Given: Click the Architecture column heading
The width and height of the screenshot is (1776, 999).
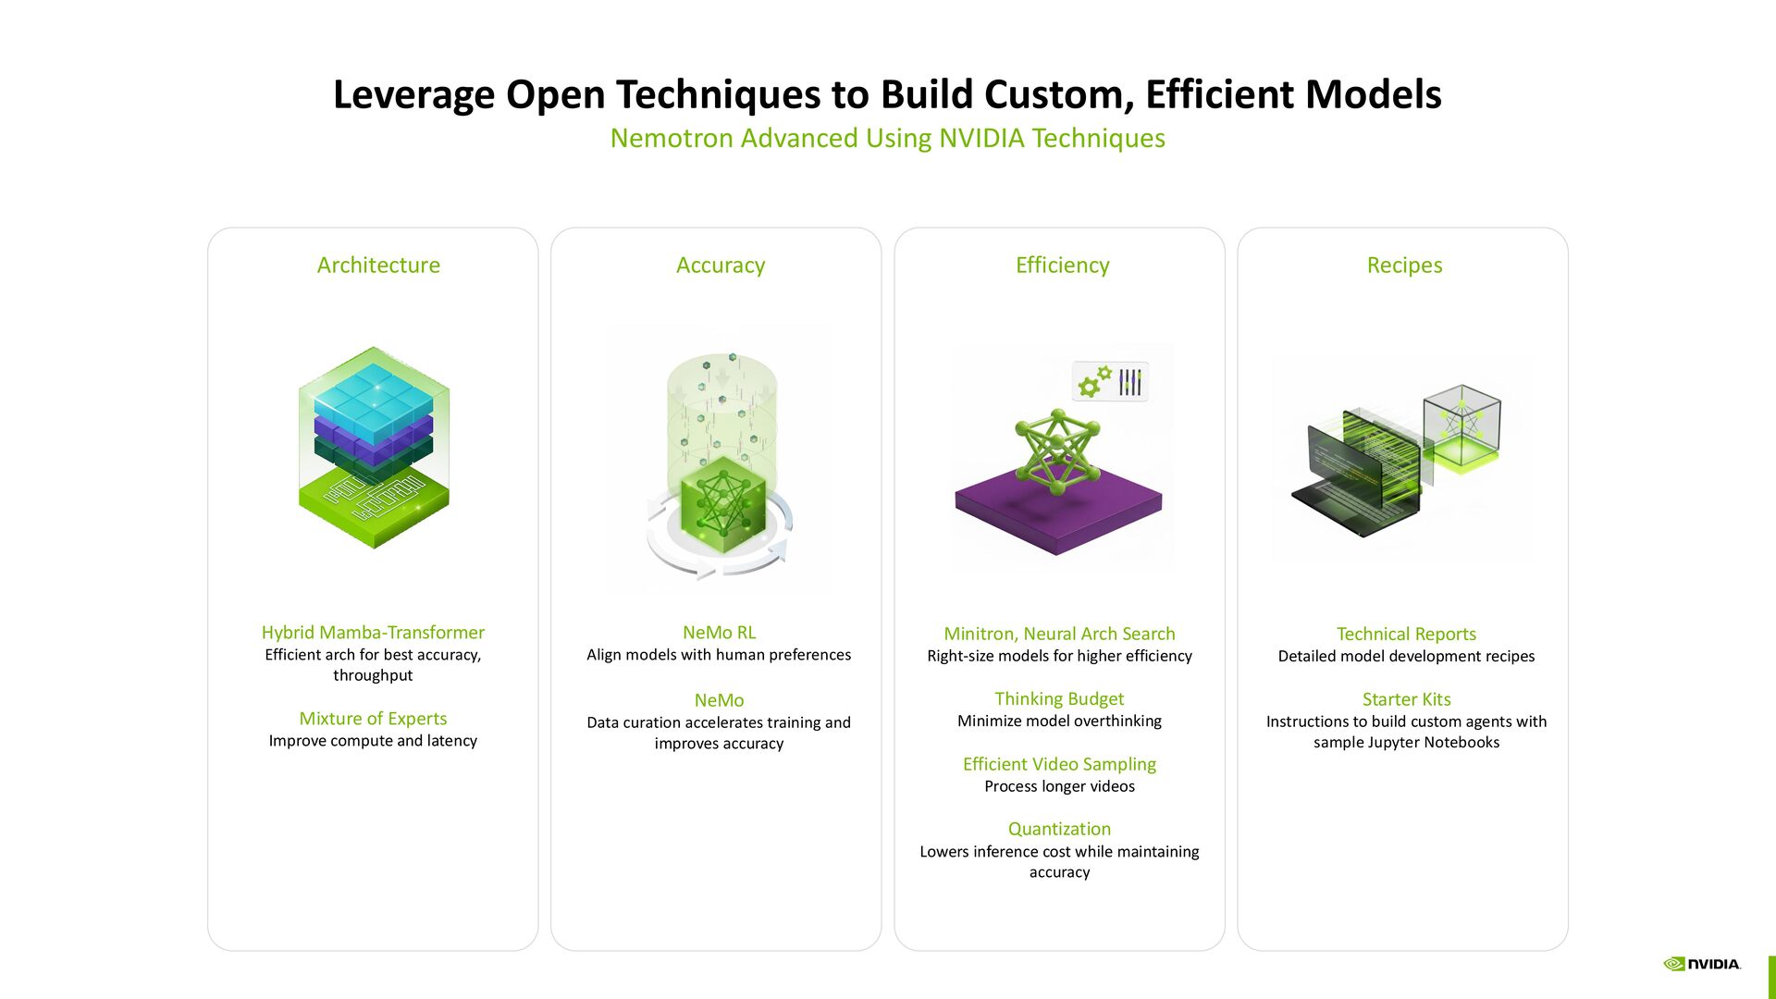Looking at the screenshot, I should pyautogui.click(x=378, y=265).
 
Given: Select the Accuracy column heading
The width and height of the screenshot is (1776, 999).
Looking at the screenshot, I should pyautogui.click(x=721, y=265).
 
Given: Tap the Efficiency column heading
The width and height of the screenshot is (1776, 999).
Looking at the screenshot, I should pyautogui.click(x=1062, y=265).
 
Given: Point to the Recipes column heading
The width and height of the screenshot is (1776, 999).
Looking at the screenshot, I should pyautogui.click(x=1404, y=265).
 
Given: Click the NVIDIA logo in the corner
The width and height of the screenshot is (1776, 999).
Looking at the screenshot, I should pyautogui.click(x=1702, y=964).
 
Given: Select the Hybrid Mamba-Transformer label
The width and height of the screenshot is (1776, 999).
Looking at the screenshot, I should pyautogui.click(x=373, y=633).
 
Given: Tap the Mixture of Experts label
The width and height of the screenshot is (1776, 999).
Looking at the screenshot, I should pyautogui.click(x=373, y=719).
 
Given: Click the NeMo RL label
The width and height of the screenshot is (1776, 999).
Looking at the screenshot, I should pyautogui.click(x=719, y=633).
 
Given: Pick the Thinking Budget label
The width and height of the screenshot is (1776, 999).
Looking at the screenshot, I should pyautogui.click(x=1059, y=699).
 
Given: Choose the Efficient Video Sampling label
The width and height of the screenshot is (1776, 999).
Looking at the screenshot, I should pyautogui.click(x=1059, y=764).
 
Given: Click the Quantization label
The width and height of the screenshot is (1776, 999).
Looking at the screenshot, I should pyautogui.click(x=1059, y=829).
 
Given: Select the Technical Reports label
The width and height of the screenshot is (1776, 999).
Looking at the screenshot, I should pyautogui.click(x=1406, y=635).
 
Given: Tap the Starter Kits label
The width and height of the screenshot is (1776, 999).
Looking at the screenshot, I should pyautogui.click(x=1406, y=699).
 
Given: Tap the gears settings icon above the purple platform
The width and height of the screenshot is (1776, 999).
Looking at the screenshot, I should pyautogui.click(x=1094, y=382).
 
